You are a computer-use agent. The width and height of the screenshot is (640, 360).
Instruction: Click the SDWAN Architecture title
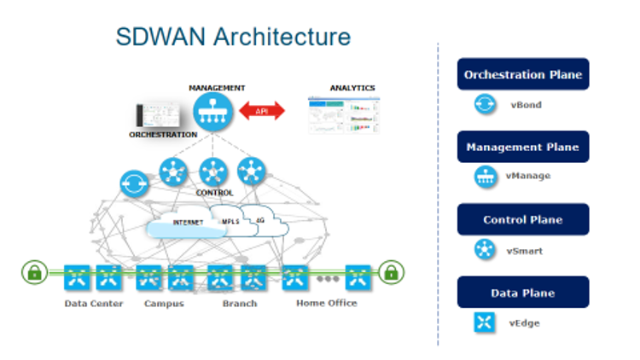[x=233, y=37]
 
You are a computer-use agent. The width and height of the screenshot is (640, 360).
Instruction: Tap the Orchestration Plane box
[x=522, y=74]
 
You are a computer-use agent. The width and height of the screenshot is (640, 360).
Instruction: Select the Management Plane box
[x=522, y=147]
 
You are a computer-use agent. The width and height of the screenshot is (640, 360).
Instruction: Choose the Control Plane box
[x=522, y=219]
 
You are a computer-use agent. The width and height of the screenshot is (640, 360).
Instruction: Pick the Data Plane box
[x=522, y=293]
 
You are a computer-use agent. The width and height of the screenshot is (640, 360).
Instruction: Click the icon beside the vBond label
[x=486, y=105]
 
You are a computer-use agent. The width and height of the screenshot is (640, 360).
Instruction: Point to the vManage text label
[x=528, y=177]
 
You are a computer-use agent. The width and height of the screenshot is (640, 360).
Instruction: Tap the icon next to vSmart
[x=486, y=250]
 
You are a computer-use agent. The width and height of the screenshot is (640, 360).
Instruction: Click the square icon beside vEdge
[x=486, y=322]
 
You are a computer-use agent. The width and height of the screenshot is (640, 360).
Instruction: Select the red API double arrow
[x=262, y=111]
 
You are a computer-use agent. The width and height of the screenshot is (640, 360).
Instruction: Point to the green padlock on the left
[x=34, y=273]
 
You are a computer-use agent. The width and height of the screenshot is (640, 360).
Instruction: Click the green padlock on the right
[x=391, y=273]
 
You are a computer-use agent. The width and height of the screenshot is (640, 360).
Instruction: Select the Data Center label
[x=94, y=304]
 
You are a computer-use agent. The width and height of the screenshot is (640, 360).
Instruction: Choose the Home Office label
[x=326, y=304]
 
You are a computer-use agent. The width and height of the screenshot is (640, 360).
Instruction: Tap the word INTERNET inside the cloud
[x=188, y=223]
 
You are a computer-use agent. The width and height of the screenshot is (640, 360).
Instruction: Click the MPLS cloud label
[x=230, y=222]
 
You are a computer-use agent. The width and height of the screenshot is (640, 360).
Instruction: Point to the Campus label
[x=164, y=304]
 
